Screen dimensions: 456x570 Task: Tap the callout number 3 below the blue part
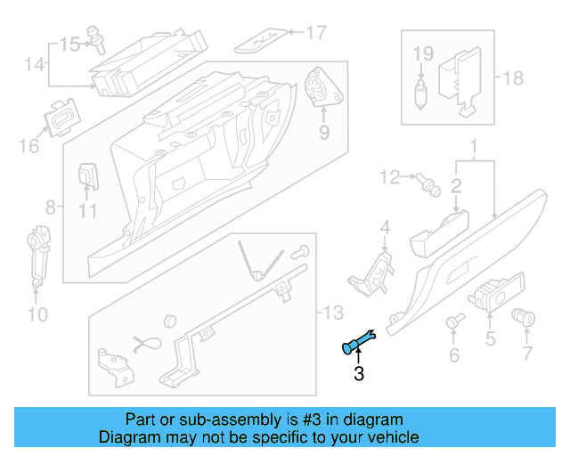(359, 375)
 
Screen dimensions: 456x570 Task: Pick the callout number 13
(332, 313)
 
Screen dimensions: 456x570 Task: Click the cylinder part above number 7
(524, 316)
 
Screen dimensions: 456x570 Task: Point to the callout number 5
(490, 338)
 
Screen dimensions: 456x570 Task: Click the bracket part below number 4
(375, 268)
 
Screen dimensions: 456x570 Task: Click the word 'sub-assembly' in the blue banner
(224, 419)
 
